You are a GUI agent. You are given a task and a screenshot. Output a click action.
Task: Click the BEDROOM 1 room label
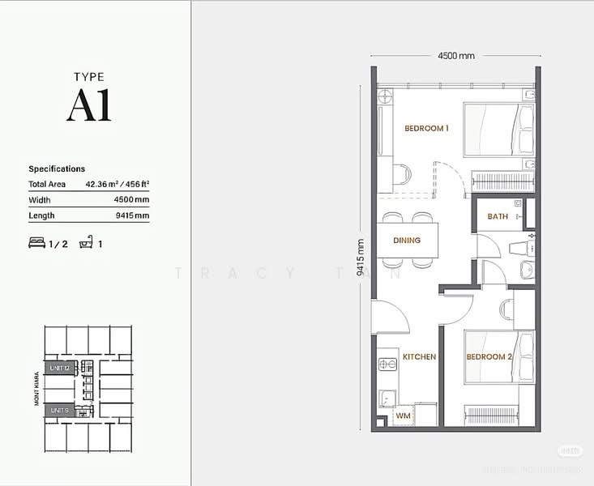pyautogui.click(x=426, y=128)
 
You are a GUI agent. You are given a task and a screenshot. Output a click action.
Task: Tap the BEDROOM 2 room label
pyautogui.click(x=489, y=356)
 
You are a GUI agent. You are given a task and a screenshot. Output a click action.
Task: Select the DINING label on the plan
pyautogui.click(x=407, y=241)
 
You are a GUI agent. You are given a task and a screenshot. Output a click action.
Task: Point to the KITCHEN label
pyautogui.click(x=419, y=356)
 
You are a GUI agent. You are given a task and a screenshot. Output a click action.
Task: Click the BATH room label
pyautogui.click(x=498, y=216)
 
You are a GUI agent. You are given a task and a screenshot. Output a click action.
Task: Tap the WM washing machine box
pyautogui.click(x=403, y=416)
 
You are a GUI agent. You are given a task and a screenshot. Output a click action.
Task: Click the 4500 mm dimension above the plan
pyautogui.click(x=455, y=56)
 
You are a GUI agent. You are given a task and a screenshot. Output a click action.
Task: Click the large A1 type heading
pyautogui.click(x=89, y=105)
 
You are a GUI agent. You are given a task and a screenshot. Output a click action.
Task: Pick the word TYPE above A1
pyautogui.click(x=89, y=77)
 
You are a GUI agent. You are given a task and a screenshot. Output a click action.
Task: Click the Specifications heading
pyautogui.click(x=57, y=169)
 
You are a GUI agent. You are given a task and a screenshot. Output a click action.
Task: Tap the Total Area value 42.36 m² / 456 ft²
pyautogui.click(x=118, y=185)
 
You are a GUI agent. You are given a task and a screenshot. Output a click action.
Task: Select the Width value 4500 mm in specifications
pyautogui.click(x=131, y=200)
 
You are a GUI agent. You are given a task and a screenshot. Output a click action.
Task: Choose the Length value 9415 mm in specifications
pyautogui.click(x=131, y=215)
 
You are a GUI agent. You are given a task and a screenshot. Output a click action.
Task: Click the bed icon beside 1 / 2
pyautogui.click(x=36, y=243)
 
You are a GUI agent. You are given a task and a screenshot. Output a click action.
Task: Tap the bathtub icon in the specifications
pyautogui.click(x=86, y=243)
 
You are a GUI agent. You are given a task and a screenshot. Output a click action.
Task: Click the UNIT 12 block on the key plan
pyautogui.click(x=62, y=368)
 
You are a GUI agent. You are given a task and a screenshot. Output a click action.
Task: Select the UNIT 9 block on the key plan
pyautogui.click(x=60, y=411)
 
